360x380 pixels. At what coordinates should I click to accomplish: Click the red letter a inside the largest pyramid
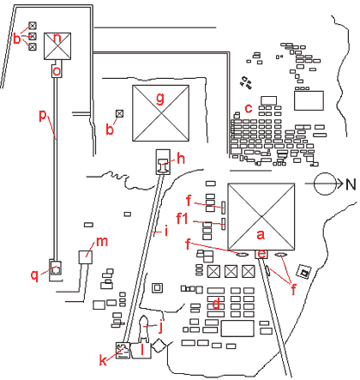pyautogui.click(x=261, y=232)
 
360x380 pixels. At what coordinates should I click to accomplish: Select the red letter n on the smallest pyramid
pyautogui.click(x=57, y=38)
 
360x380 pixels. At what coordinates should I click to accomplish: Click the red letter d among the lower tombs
pyautogui.click(x=218, y=302)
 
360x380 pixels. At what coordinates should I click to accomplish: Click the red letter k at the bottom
pyautogui.click(x=105, y=361)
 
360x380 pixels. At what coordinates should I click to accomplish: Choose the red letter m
pyautogui.click(x=102, y=241)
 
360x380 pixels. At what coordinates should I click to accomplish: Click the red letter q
pyautogui.click(x=34, y=274)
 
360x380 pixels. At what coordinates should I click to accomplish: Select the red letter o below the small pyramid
pyautogui.click(x=57, y=72)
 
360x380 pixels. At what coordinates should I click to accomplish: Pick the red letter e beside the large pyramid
pyautogui.click(x=262, y=254)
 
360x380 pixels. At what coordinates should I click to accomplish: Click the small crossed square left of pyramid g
pyautogui.click(x=119, y=112)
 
